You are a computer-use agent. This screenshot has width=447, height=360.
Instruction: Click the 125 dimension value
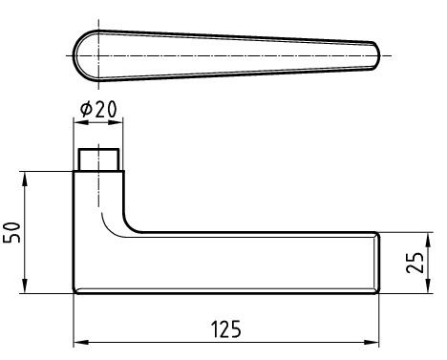click(226, 328)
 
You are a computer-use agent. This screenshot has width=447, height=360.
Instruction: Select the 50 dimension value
click(11, 232)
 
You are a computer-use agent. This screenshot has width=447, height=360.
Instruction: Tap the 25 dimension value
click(415, 263)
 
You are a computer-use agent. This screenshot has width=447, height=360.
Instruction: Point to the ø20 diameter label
click(98, 109)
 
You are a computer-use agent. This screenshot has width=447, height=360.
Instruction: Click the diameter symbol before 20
click(86, 109)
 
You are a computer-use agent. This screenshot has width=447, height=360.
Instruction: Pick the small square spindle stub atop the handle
click(99, 159)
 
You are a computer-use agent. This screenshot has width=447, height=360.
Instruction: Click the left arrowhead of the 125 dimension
click(81, 343)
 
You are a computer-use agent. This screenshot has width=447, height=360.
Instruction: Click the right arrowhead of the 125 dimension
click(372, 343)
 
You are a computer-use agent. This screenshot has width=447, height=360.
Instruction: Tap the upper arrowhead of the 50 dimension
click(25, 180)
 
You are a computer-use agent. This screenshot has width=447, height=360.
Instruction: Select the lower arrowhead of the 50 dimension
click(25, 286)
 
